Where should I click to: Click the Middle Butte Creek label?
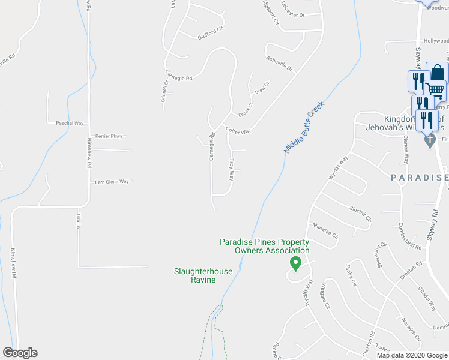click(x=304, y=127)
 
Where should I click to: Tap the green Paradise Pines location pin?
click(x=295, y=262)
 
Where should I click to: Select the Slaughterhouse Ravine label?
click(x=203, y=275)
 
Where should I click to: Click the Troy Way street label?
click(x=232, y=169)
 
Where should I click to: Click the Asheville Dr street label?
click(x=279, y=64)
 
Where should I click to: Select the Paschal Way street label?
click(x=70, y=123)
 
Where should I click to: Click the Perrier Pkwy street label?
click(x=109, y=136)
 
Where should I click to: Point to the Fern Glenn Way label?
click(x=112, y=181)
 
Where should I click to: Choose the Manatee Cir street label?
click(x=326, y=230)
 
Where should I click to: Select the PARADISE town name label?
click(x=420, y=178)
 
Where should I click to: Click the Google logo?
click(x=20, y=353)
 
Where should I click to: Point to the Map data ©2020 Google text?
click(x=411, y=355)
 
